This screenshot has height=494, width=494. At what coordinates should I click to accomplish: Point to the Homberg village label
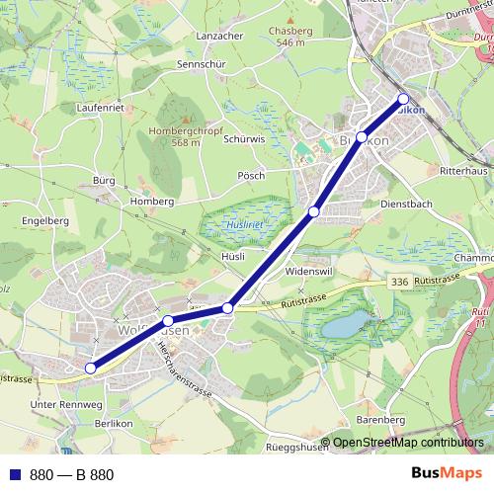coord(152,202)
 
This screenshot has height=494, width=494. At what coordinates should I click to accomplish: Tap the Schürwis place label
coord(245,139)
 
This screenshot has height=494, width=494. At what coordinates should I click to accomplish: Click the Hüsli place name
coord(233,255)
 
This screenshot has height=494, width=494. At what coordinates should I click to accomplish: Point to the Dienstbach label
coord(406,204)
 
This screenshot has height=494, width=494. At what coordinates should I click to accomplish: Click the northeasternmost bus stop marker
coord(403,98)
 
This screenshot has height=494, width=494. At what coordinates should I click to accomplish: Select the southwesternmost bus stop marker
coord(90,369)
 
